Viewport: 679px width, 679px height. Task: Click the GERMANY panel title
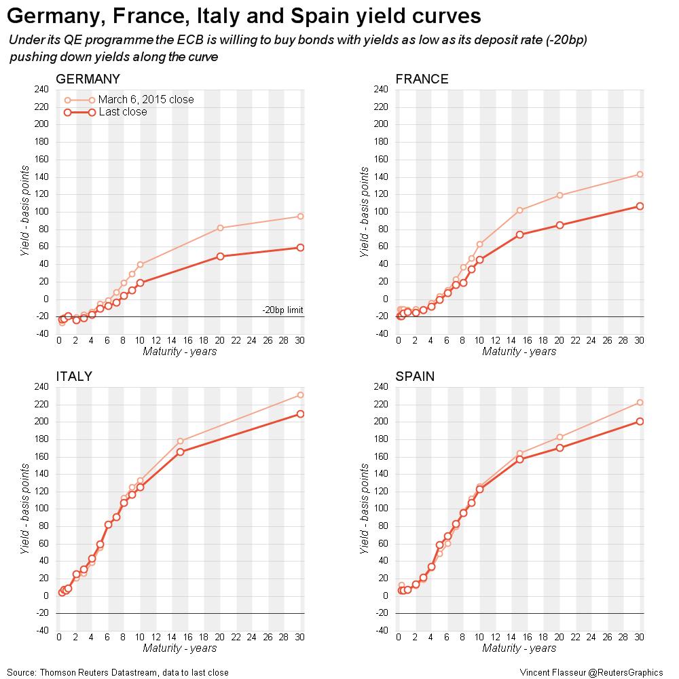point(88,79)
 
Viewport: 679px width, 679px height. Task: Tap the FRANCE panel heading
point(422,79)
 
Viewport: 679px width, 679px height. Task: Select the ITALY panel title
point(74,376)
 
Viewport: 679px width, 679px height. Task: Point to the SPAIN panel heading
point(416,376)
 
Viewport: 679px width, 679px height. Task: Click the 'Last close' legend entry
point(122,112)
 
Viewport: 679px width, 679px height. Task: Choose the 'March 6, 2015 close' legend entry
point(146,100)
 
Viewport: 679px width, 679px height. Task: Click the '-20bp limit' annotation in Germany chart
point(282,310)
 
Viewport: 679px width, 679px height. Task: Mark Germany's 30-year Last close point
point(300,248)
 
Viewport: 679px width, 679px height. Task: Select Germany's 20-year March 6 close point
point(220,227)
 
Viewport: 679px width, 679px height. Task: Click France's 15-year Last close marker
point(519,234)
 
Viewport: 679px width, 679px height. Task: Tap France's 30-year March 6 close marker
point(640,175)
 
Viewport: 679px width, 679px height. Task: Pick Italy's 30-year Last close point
point(300,414)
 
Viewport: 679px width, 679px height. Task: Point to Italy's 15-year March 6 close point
point(180,441)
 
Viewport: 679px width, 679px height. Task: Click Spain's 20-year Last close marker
point(559,447)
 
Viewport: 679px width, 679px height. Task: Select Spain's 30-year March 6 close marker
point(640,403)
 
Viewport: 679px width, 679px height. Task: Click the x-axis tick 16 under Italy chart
point(188,638)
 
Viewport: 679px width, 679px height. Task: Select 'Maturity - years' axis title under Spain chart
point(519,648)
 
